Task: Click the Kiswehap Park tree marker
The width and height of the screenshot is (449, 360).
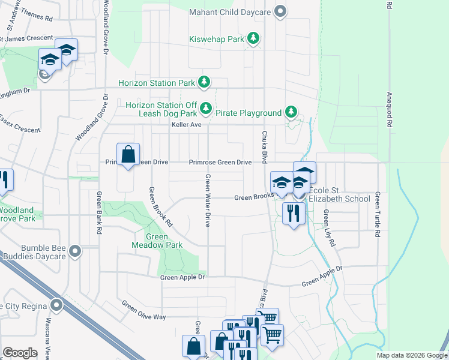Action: [254, 39]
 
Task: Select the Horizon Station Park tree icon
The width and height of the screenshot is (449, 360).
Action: [205, 82]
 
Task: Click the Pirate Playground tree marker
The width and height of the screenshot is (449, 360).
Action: [291, 112]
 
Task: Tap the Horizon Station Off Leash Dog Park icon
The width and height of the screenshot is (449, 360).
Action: [206, 109]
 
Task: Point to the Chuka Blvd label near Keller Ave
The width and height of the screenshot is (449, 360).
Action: [264, 143]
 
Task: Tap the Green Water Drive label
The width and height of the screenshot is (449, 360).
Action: [208, 200]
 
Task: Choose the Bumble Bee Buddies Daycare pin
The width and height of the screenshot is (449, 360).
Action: [74, 251]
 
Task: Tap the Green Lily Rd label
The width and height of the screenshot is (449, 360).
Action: [328, 227]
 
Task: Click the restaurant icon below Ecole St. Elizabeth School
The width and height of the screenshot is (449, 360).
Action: [293, 214]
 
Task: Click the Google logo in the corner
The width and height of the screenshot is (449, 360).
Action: [20, 353]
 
